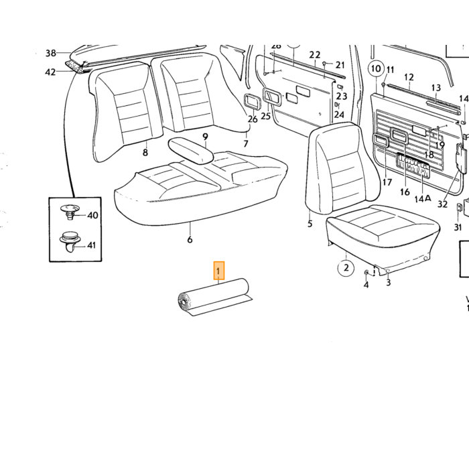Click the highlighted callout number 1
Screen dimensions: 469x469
(218, 271)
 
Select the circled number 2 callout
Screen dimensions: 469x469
(346, 267)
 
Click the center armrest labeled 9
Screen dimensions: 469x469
(191, 151)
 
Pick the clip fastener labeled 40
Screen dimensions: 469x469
(70, 212)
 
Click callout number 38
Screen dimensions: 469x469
(51, 53)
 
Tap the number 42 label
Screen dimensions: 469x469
(50, 72)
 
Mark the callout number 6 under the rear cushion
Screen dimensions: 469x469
(190, 239)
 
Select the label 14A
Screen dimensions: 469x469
(423, 198)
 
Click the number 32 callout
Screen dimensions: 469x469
(442, 204)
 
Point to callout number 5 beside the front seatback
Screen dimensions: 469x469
(310, 223)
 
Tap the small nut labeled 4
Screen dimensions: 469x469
(366, 272)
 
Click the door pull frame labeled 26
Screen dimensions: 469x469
(251, 100)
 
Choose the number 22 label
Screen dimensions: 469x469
(315, 55)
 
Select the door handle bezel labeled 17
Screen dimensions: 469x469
(381, 141)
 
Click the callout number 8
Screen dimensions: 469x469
(145, 153)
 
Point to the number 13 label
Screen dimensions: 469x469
(436, 88)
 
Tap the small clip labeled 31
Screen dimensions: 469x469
(458, 207)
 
